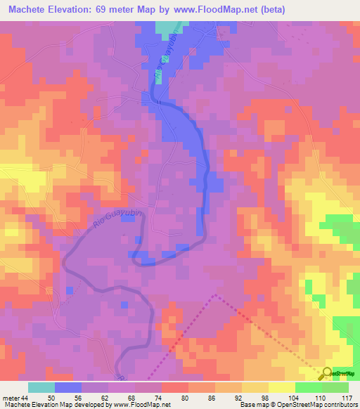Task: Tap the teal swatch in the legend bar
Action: (x=41, y=387)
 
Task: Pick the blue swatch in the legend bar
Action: (x=68, y=387)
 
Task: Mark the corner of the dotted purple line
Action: (x=214, y=295)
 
